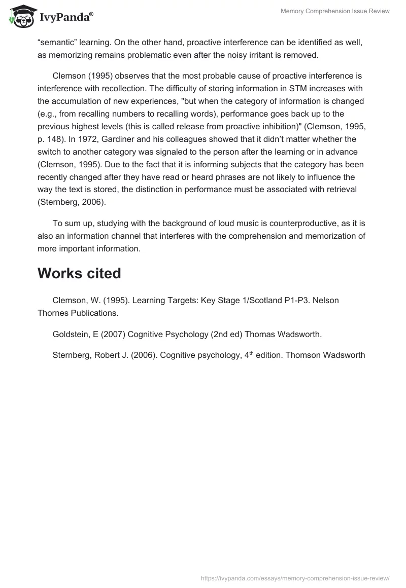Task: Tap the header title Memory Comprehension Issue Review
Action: pyautogui.click(x=335, y=11)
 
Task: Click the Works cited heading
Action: pyautogui.click(x=79, y=273)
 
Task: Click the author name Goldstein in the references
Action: pyautogui.click(x=72, y=334)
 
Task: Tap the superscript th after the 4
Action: pyautogui.click(x=249, y=353)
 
